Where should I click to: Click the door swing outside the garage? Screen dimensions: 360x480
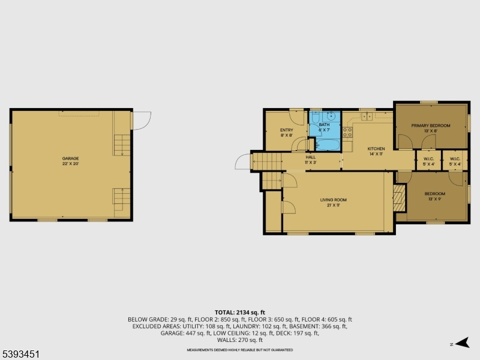[x=141, y=120]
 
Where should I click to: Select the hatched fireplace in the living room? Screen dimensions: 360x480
[x=399, y=197]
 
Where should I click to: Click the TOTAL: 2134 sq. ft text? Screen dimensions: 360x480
[x=240, y=313]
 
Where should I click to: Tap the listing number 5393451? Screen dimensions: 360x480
[x=21, y=355]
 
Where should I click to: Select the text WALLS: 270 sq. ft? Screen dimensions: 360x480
[x=240, y=340]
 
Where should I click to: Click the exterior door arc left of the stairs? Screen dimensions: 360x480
[x=243, y=162]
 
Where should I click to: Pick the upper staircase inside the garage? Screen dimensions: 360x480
[x=122, y=145]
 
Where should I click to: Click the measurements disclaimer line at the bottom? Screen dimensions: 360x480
[x=240, y=350]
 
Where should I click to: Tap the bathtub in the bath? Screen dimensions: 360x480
[x=327, y=143]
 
